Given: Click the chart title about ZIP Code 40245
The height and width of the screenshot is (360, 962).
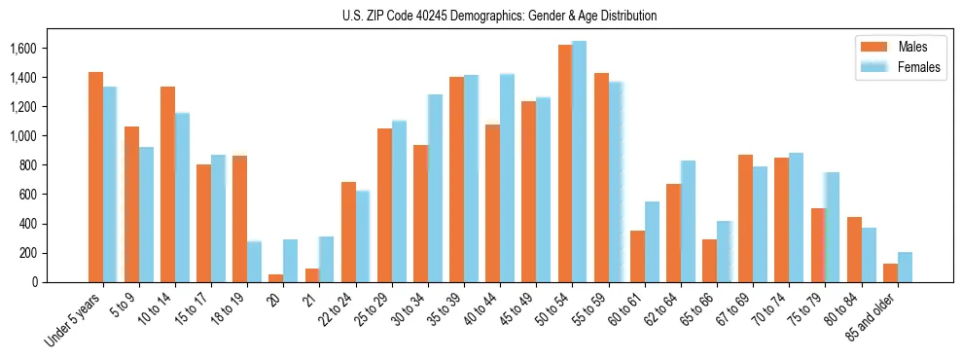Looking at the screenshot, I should (499, 16).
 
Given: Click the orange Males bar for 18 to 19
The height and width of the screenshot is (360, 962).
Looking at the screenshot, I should (240, 219).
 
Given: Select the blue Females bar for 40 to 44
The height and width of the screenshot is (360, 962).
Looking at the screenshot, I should (507, 178).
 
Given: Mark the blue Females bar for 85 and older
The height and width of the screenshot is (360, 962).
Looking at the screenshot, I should (905, 268).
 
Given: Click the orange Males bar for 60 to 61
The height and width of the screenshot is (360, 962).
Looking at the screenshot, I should (637, 257).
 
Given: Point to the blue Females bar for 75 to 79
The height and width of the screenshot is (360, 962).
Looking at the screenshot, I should (832, 228).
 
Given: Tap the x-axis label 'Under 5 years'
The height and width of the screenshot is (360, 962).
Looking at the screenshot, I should (73, 319).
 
